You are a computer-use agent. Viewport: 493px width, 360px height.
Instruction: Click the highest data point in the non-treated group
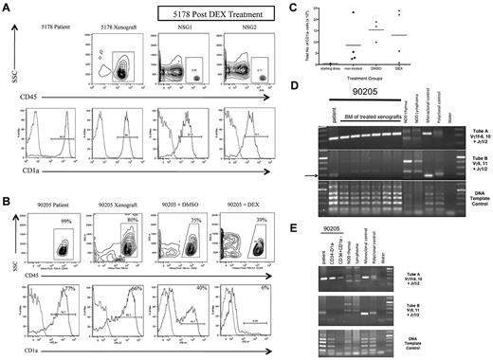tap(354, 13)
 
